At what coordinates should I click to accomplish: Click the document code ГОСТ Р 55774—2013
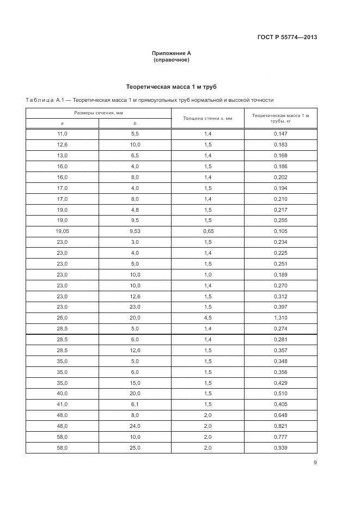pos(287,38)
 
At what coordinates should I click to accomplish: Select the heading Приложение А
pos(172,53)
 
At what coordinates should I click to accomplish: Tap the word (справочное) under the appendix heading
pos(172,60)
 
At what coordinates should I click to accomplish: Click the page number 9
pos(315,463)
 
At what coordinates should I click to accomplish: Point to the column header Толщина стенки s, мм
pos(208,118)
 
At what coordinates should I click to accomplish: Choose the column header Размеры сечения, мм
pos(99,113)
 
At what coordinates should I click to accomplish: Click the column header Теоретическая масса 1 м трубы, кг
pos(280,118)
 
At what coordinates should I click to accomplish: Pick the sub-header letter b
pos(135,123)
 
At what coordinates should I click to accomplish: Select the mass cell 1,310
pos(280,317)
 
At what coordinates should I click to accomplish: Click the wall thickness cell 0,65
pos(208,231)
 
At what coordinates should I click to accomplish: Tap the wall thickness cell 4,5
pos(208,317)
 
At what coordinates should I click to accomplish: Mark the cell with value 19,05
pos(62,231)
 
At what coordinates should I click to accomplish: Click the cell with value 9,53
pos(135,231)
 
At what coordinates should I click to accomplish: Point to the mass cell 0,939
pos(280,447)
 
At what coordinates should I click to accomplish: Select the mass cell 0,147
pos(280,133)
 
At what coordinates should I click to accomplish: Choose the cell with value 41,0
pos(62,404)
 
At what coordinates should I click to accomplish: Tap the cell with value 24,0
pos(135,426)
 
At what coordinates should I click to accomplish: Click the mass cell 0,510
pos(280,394)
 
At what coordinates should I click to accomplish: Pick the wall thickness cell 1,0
pos(208,274)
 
